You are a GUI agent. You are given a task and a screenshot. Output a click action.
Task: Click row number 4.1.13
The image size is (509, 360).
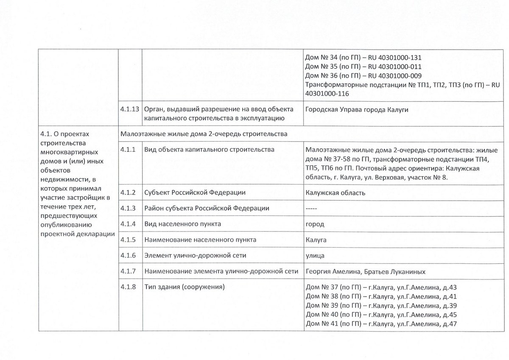[x=129, y=110]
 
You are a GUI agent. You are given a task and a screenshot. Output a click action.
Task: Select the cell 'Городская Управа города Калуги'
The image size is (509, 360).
[x=357, y=110]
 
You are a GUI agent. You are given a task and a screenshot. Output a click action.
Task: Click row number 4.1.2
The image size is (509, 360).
[x=128, y=193]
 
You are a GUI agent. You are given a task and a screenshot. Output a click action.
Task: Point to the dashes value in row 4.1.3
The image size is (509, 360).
[x=311, y=209]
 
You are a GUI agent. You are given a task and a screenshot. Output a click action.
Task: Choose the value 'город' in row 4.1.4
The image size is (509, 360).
[x=315, y=224]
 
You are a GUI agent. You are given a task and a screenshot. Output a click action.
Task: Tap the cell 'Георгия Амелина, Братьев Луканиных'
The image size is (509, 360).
[x=365, y=271]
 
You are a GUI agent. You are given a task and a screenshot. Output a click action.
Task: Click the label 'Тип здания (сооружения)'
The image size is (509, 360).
[x=184, y=287]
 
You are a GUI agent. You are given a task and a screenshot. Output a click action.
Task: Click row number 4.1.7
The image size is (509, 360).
[x=128, y=271]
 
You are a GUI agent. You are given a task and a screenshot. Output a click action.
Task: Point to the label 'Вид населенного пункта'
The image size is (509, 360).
[x=183, y=224]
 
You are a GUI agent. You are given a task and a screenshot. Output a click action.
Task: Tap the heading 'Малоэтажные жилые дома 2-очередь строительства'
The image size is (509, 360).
[x=204, y=134]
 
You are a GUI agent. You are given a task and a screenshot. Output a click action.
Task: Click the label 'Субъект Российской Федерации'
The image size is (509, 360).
[x=195, y=193]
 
